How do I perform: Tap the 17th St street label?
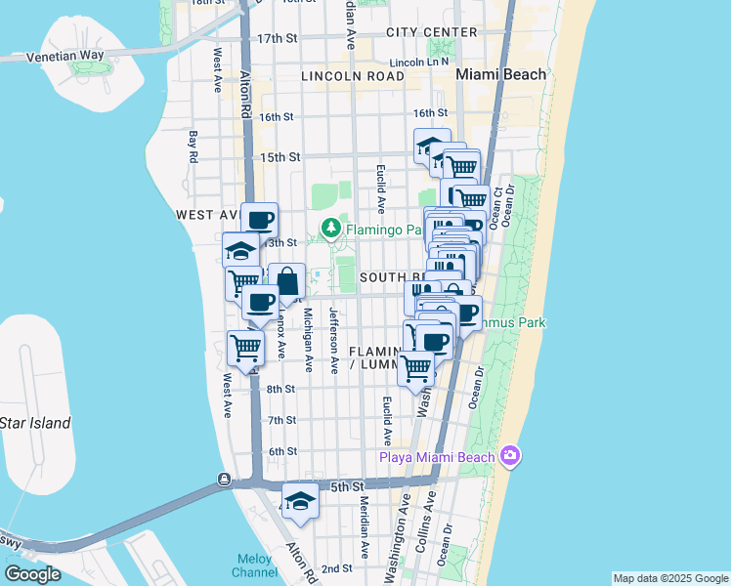coord(277,38)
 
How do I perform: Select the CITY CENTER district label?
coord(431,32)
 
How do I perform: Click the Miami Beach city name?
coord(500,74)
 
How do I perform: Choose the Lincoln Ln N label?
coord(418,62)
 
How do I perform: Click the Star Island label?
coord(36,423)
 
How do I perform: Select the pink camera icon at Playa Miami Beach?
coord(508,456)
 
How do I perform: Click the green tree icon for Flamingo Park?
coord(331,230)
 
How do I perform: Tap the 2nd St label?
coord(336,568)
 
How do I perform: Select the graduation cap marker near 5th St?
coord(301,501)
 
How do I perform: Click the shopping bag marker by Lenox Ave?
coord(287,282)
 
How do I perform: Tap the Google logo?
coord(32,573)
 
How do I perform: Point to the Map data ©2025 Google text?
coord(669,578)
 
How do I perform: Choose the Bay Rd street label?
coord(193,146)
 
